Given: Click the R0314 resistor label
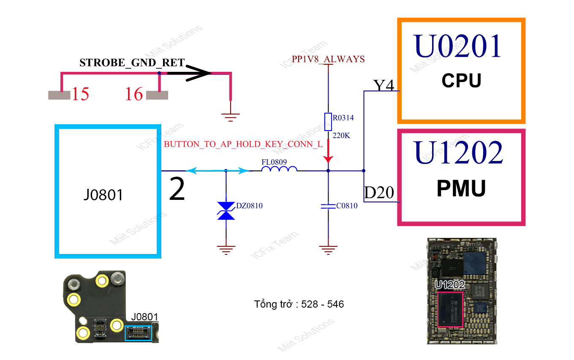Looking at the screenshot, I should (x=343, y=118).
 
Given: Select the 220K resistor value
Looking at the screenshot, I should (x=341, y=136).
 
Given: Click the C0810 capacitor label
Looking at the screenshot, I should (x=347, y=206).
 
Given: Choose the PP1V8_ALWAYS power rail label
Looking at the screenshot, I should (x=328, y=59).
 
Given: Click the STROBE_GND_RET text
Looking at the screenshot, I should (x=132, y=63).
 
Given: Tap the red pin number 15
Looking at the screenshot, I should (x=80, y=94).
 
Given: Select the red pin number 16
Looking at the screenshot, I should (x=134, y=94).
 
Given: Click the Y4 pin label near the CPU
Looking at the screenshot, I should (x=384, y=86).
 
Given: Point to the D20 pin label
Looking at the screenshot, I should (x=379, y=193).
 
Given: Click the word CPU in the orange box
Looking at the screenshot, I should (x=461, y=80).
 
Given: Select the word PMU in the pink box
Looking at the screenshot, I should (x=461, y=188).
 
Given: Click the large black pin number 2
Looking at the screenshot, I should (x=177, y=190).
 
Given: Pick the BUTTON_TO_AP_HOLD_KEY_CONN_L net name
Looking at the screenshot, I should (x=243, y=144).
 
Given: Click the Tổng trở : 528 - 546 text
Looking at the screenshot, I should (x=299, y=304).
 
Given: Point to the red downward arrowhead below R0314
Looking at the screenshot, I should (x=328, y=159).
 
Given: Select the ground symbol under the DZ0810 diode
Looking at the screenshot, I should (x=226, y=250).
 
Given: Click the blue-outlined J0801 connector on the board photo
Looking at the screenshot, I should (x=138, y=333).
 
